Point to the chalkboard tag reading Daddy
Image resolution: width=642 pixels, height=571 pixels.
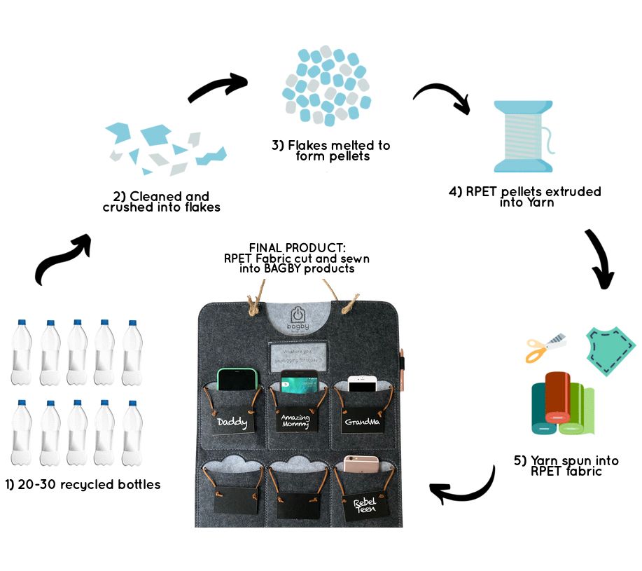tap(231, 422)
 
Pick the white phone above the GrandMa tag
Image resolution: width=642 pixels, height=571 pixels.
tap(363, 384)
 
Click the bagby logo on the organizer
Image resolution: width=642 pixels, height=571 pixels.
tap(300, 319)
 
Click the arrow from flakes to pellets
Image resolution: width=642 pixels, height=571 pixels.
tap(217, 89)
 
